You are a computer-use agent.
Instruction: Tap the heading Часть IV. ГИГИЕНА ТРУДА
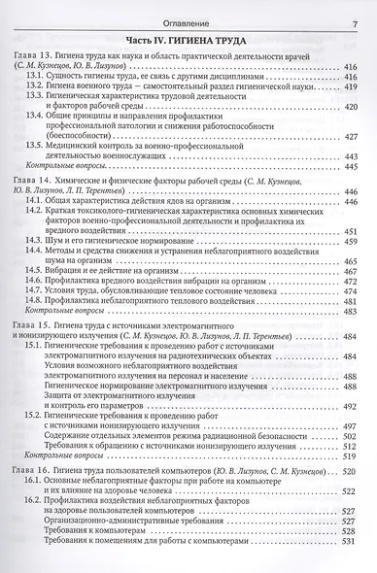click(x=188, y=40)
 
